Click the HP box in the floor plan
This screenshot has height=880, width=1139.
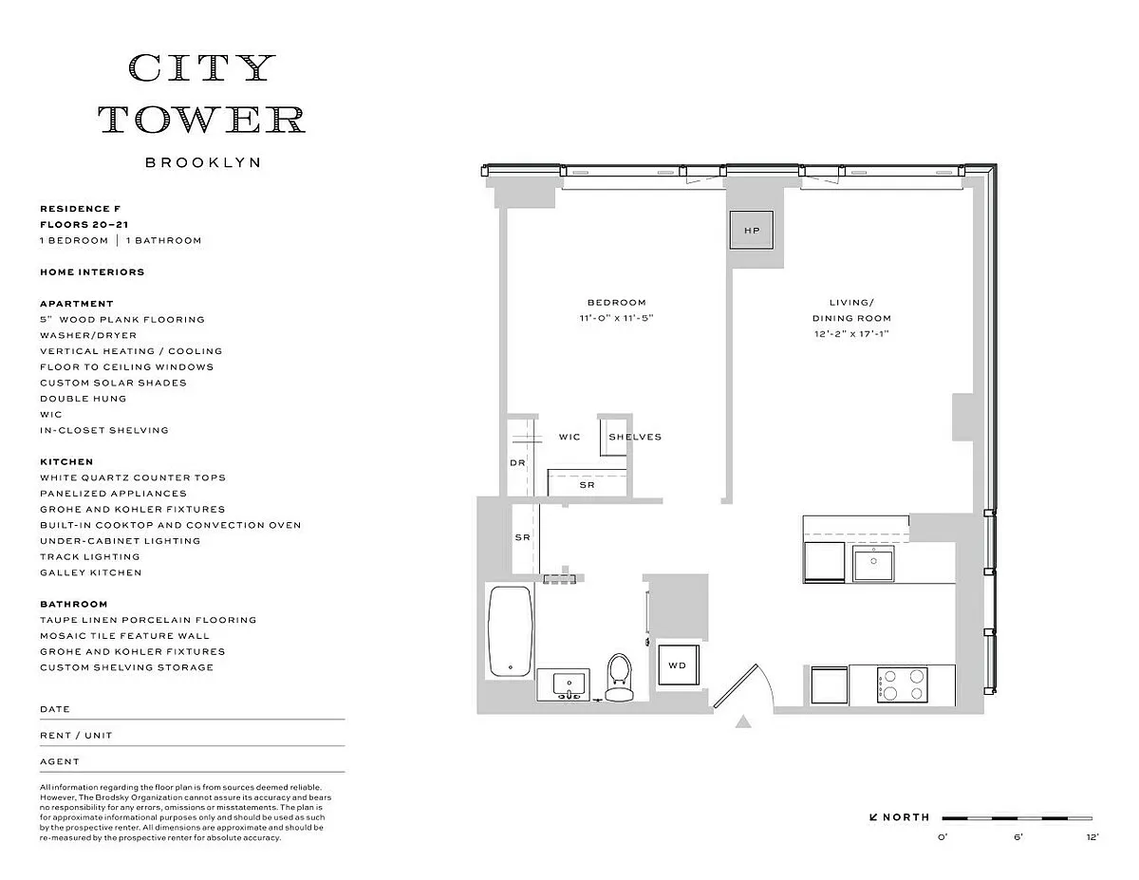coord(751,230)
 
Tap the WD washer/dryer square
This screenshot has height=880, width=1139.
coord(679,665)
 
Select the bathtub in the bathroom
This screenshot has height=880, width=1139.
coord(510,631)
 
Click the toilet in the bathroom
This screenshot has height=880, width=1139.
coord(620,677)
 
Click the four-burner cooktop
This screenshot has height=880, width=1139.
coord(902,685)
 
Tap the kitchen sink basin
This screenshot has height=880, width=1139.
coord(873,563)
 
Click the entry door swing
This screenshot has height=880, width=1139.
coord(743,685)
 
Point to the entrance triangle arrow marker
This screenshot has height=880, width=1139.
coord(743,721)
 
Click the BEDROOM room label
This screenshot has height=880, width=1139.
coord(616,303)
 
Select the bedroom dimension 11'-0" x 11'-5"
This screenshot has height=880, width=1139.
coord(616,318)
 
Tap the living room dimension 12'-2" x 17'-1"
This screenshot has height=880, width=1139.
coord(851,334)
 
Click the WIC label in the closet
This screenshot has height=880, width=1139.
coord(569,437)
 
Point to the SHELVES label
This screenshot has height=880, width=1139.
coord(635,437)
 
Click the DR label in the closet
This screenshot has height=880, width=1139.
coord(517,463)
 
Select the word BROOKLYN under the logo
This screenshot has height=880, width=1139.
coord(203,162)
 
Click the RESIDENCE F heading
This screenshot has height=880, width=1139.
coord(80,209)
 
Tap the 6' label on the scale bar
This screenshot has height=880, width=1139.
coord(1018,837)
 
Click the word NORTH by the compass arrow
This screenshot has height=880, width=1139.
coord(906,817)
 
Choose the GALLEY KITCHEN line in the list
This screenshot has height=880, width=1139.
coord(91,572)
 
